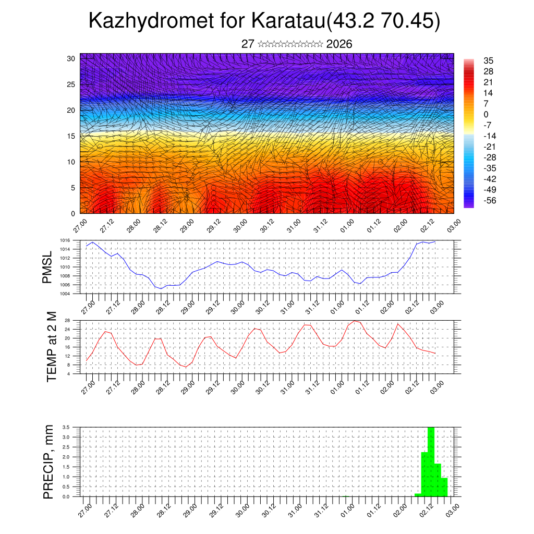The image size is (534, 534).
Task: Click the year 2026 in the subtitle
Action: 339,44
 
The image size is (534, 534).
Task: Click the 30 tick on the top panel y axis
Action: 71,58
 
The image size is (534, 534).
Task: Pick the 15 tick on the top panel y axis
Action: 71,136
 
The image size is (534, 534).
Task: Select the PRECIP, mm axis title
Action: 48,461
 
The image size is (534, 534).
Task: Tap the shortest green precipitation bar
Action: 418,494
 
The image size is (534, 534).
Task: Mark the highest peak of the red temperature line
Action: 355,321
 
